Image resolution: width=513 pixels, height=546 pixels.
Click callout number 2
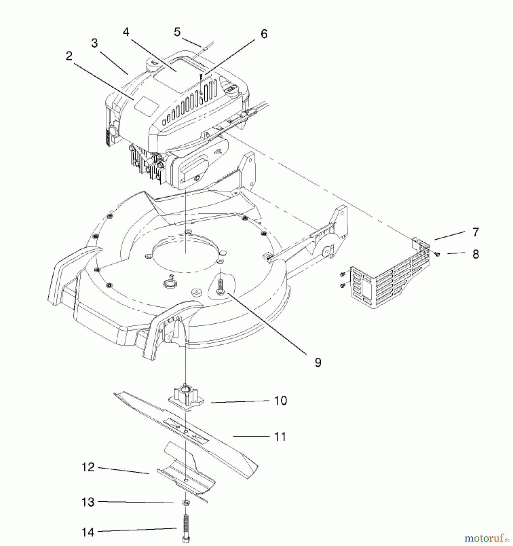click(x=69, y=56)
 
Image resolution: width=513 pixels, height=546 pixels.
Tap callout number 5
click(x=177, y=32)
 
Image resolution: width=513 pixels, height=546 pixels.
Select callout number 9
click(x=318, y=362)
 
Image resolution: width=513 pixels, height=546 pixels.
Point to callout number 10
click(x=280, y=400)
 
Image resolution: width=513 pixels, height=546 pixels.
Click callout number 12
click(x=88, y=467)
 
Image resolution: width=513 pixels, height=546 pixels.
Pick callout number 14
click(x=88, y=532)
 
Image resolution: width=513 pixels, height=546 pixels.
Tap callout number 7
click(x=475, y=232)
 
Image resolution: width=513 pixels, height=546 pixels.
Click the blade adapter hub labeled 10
click(x=186, y=398)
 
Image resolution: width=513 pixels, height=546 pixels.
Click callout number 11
click(x=280, y=437)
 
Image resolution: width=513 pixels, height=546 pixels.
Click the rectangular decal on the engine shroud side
click(x=147, y=105)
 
